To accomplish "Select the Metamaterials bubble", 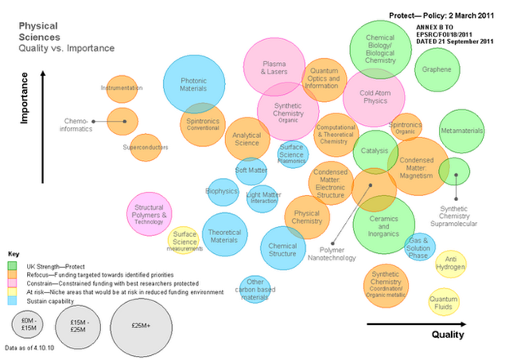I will click(461, 131).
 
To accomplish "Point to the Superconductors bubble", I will click(145, 148).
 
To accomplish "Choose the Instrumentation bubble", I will click(122, 88).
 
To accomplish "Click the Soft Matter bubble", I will click(251, 171).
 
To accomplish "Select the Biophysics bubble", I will click(222, 191).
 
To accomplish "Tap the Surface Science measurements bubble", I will click(184, 241).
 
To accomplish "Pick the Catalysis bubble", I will click(375, 151).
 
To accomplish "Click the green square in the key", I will click(11, 264).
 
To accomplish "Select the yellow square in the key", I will click(11, 291).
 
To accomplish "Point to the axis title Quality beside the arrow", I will click(448, 335).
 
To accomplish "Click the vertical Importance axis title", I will click(25, 100).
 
